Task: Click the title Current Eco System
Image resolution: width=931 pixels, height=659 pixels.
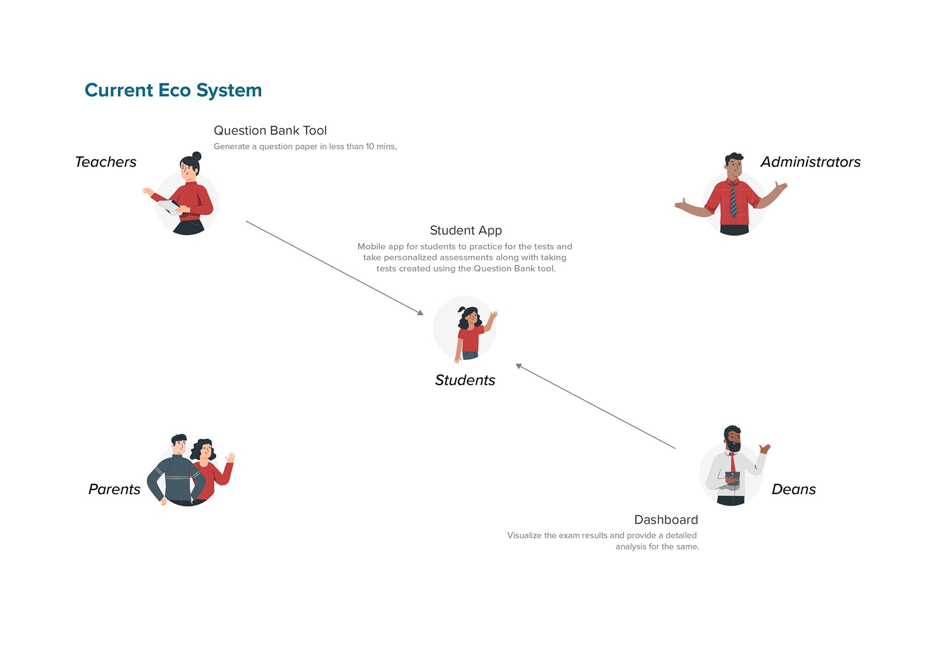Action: click(173, 91)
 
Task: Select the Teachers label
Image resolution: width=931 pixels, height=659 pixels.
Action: click(106, 162)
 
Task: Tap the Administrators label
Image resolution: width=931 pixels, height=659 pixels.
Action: click(810, 162)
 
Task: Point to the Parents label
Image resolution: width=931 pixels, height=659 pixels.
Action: click(114, 489)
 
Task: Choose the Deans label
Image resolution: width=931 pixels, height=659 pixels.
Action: click(794, 489)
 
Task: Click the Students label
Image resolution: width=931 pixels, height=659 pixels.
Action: click(465, 380)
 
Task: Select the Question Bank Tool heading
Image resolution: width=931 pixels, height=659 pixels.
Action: click(270, 131)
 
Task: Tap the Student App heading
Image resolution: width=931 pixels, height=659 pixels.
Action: click(465, 231)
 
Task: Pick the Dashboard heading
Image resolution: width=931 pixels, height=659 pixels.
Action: click(666, 520)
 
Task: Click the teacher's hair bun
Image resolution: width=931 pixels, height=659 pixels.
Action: click(196, 156)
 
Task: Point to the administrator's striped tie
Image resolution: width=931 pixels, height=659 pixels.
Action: click(733, 199)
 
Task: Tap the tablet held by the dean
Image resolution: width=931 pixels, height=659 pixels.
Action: click(733, 478)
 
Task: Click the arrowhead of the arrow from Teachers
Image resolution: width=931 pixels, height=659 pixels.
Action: click(421, 313)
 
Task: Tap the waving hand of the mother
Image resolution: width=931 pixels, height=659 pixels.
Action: click(231, 457)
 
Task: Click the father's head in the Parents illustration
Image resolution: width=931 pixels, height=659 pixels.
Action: click(179, 444)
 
